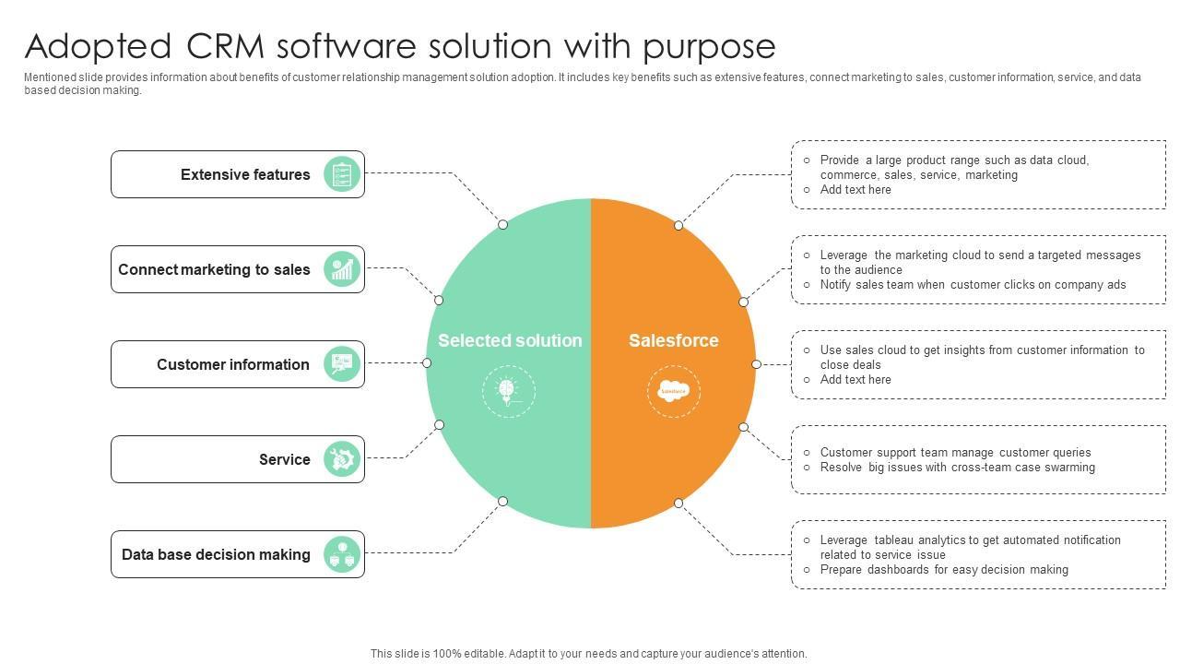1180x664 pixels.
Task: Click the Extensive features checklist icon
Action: coord(342,174)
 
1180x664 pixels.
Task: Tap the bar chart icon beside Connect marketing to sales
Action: coord(342,269)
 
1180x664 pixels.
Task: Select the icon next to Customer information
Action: coord(342,364)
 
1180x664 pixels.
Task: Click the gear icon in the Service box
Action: coord(342,459)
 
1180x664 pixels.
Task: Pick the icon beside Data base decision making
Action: coord(342,554)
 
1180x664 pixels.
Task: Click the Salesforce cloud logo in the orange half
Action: coord(674,391)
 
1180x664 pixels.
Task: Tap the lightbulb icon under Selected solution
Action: coord(508,391)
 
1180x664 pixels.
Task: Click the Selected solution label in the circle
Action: coord(510,340)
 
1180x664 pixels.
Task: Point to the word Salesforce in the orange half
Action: coord(674,340)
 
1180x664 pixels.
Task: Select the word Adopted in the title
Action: coord(98,46)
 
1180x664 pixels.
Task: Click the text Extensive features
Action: coord(245,174)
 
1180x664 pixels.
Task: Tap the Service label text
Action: coord(284,459)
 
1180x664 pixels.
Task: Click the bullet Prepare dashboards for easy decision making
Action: coord(944,570)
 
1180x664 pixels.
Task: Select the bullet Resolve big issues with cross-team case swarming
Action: coord(958,468)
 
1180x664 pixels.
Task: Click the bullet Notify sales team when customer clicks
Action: coord(973,285)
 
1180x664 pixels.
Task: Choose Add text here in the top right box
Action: coord(855,190)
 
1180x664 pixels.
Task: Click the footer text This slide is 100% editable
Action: coord(588,654)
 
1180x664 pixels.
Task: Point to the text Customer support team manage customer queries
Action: coord(955,453)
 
